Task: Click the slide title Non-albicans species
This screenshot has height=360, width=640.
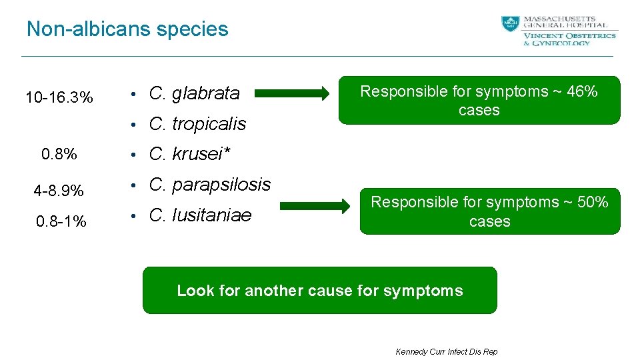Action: (x=127, y=29)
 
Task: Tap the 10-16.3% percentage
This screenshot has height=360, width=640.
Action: (x=59, y=98)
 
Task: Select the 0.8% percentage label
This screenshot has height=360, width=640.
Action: (x=59, y=155)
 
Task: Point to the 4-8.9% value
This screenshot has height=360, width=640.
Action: (x=59, y=191)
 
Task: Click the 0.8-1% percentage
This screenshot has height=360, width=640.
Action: (x=61, y=221)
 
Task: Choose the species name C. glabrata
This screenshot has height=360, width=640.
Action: (x=194, y=93)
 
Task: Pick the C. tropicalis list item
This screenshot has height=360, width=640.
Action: (x=197, y=124)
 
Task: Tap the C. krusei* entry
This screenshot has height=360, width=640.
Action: (x=189, y=154)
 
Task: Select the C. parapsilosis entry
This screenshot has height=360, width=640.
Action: (x=210, y=185)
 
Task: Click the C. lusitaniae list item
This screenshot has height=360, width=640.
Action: (x=200, y=215)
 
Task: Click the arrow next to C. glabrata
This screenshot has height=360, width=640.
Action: (x=292, y=94)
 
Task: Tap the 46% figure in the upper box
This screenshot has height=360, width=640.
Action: (x=582, y=92)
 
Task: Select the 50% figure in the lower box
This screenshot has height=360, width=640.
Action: (x=593, y=202)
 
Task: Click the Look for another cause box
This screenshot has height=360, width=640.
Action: (x=319, y=291)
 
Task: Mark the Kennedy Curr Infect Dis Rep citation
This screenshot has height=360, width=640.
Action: (x=446, y=351)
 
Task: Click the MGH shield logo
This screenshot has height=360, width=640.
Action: (x=510, y=24)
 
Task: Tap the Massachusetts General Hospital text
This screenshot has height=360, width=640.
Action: (x=569, y=22)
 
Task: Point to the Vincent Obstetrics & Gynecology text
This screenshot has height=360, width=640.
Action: (x=569, y=39)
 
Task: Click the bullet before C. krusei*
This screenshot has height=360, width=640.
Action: (x=134, y=155)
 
